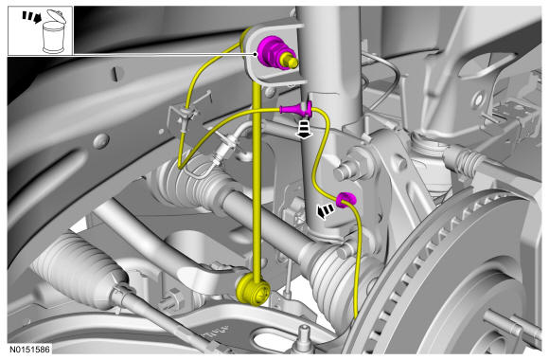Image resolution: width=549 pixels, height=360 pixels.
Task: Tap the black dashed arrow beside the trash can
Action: coord(32,17)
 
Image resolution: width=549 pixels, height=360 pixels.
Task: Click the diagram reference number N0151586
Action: coord(29,350)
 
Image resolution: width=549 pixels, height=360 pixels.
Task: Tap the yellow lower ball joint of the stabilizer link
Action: coord(253,290)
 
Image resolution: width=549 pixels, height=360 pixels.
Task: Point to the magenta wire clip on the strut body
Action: coord(296,109)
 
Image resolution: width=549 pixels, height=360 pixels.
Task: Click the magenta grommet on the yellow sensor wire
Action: coord(345,200)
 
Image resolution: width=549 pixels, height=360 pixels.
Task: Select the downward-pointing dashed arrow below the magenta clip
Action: coord(303,129)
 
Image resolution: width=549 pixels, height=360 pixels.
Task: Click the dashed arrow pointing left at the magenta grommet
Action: coord(326,211)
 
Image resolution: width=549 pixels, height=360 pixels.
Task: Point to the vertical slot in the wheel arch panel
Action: coord(115,74)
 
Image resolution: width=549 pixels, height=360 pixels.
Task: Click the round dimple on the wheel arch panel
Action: coord(101,140)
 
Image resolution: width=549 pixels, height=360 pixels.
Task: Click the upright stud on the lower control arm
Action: coord(306,334)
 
